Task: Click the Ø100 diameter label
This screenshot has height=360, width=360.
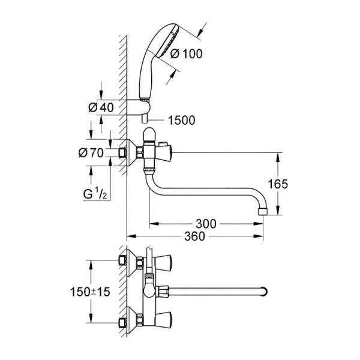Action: (187, 54)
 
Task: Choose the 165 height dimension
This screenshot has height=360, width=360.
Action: (291, 184)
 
